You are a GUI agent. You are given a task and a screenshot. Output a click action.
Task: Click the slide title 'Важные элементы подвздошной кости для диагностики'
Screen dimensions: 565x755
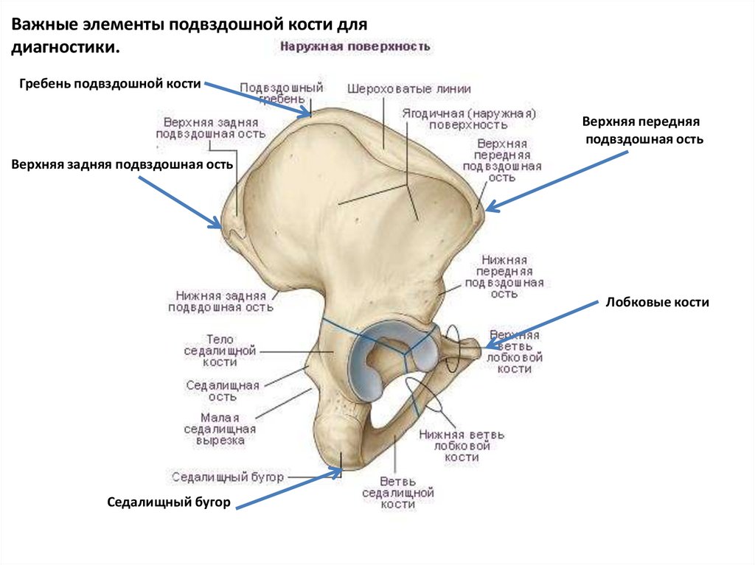(x=188, y=35)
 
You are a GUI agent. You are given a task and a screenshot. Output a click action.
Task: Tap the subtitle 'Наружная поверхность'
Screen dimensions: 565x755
(x=354, y=46)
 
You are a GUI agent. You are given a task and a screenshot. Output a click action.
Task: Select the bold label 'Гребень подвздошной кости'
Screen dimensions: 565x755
(x=111, y=84)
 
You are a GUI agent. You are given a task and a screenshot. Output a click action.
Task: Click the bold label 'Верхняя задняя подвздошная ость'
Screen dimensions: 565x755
(x=122, y=164)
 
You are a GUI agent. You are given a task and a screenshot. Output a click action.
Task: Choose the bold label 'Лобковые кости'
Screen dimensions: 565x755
(x=657, y=302)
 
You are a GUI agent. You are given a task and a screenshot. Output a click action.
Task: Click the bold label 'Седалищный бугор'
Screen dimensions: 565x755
(x=170, y=502)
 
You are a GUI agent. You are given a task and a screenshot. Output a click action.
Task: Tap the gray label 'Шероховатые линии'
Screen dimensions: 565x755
(x=408, y=88)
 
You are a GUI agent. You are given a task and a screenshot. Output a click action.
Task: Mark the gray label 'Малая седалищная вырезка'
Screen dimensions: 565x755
(x=220, y=429)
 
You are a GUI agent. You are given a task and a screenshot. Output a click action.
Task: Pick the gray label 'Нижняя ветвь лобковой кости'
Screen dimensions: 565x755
(x=462, y=446)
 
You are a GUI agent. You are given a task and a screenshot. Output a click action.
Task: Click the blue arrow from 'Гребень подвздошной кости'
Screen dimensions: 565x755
(x=258, y=99)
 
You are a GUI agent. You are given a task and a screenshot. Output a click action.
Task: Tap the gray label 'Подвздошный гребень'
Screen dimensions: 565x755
(x=281, y=92)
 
